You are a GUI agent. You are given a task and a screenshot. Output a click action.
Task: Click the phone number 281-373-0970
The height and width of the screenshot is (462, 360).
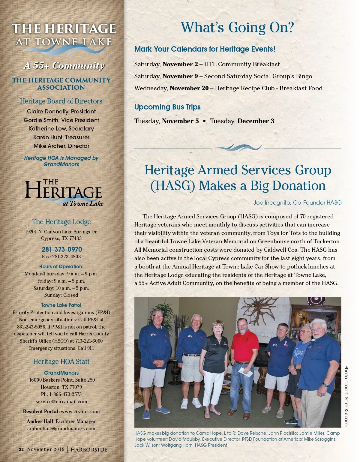point(62,249)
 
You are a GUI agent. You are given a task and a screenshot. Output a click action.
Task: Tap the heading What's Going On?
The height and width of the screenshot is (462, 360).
point(237,28)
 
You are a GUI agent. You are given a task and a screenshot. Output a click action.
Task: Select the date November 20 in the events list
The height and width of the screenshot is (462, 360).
point(189,88)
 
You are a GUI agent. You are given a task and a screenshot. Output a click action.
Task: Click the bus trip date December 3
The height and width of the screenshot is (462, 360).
point(256,121)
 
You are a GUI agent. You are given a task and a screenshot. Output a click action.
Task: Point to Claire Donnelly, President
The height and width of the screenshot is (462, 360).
point(61,111)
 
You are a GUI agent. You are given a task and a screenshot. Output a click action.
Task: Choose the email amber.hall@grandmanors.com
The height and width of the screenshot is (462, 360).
point(61,429)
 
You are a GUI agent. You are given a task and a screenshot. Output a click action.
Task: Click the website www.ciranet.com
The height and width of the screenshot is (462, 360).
point(80,412)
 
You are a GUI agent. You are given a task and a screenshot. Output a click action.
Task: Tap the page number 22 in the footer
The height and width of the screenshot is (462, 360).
point(21,449)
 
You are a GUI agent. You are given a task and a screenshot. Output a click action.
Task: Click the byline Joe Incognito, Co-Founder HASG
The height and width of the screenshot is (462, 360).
point(297,203)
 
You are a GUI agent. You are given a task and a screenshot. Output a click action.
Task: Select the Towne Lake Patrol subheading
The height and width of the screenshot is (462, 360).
point(61,305)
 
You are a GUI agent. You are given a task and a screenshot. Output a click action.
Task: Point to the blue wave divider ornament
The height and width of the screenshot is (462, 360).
point(238,148)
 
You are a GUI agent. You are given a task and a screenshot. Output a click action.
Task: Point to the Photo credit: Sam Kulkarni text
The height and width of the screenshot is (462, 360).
point(346,395)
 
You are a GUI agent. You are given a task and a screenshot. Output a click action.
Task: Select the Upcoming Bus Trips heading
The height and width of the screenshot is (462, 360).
point(167,107)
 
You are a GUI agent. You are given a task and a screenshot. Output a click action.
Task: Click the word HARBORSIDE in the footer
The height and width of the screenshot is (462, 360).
point(89,450)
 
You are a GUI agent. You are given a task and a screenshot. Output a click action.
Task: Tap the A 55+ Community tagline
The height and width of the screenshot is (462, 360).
point(64,66)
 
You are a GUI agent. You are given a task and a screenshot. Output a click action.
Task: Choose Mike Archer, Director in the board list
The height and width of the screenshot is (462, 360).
point(61,146)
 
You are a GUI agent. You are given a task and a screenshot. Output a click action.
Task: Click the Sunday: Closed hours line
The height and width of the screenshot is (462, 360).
point(61,295)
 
